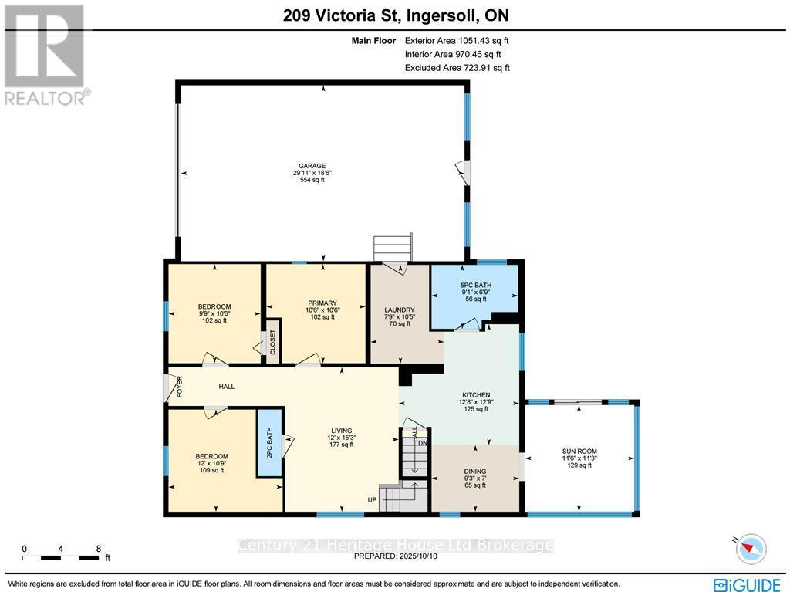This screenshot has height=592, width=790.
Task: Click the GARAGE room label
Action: tap(312, 166)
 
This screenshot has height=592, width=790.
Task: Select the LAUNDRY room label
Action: tap(400, 310)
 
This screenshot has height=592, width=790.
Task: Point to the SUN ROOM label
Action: tap(579, 452)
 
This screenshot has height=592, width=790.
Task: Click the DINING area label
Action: tap(476, 470)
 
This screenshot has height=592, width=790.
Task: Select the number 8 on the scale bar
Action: tap(98, 549)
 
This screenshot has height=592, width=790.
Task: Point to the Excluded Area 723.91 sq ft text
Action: tap(457, 68)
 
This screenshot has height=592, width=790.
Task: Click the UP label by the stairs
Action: tap(372, 500)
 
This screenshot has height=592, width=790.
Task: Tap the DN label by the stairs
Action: tap(422, 443)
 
